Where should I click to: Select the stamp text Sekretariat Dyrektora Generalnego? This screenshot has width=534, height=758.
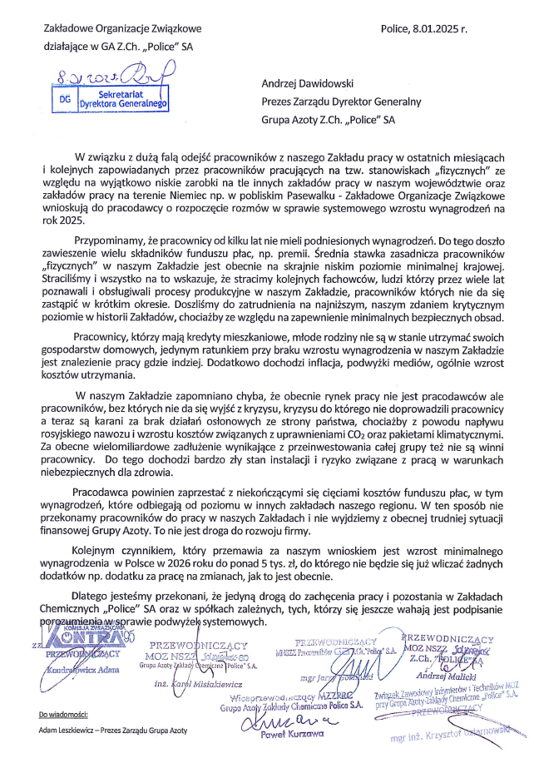(122, 100)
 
